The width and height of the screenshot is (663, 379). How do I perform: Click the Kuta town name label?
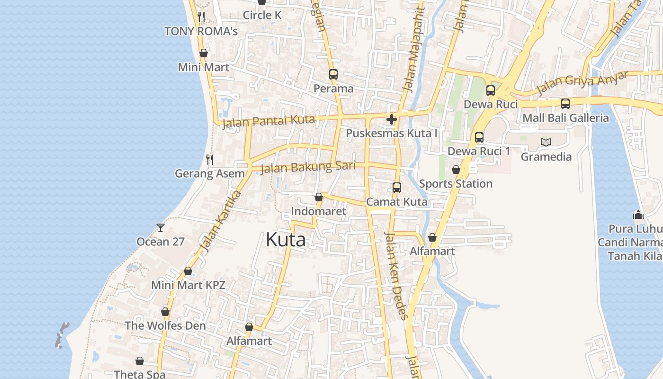(x=286, y=240)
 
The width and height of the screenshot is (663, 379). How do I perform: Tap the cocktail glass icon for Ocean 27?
(x=161, y=228)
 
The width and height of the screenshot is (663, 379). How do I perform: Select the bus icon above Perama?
(x=333, y=74)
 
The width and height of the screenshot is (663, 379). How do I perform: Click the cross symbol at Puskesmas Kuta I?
(x=392, y=119)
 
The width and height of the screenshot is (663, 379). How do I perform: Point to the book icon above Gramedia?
(x=546, y=142)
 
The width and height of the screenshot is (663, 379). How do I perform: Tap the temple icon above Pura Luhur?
(x=638, y=215)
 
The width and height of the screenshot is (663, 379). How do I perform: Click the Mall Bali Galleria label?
(x=565, y=118)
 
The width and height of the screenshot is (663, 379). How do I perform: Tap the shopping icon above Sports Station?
(x=456, y=170)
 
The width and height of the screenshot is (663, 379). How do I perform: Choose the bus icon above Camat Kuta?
(x=397, y=188)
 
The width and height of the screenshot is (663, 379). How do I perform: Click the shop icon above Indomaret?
(x=319, y=197)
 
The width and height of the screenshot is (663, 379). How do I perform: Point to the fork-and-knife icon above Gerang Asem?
(x=210, y=159)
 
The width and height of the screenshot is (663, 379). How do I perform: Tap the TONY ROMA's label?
(x=201, y=31)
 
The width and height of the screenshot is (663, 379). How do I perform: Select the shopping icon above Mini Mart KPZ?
(x=188, y=271)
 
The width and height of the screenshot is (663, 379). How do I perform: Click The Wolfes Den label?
(x=165, y=326)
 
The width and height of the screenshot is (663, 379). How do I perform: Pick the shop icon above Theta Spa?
(x=140, y=361)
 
